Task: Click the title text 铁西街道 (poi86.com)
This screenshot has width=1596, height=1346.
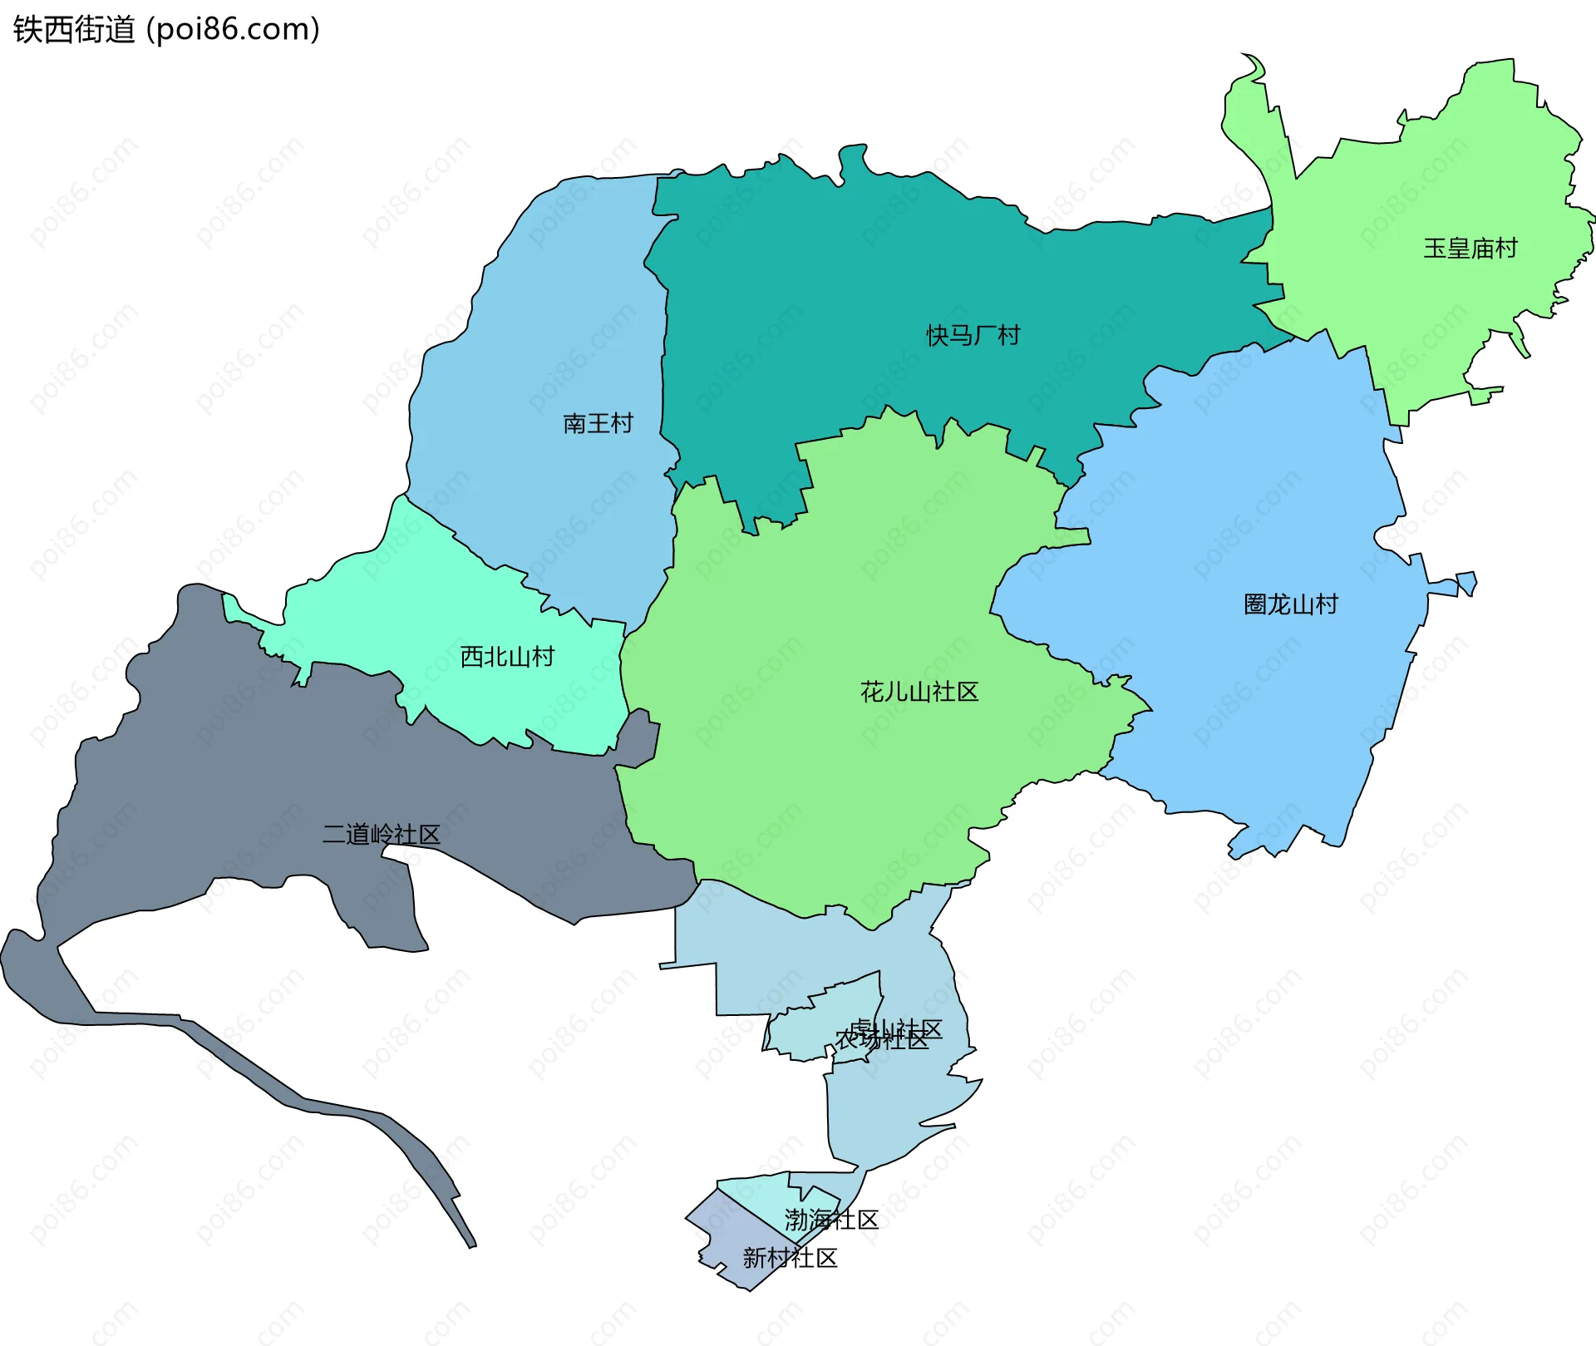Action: click(166, 30)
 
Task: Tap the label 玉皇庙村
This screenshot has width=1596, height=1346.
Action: click(1470, 249)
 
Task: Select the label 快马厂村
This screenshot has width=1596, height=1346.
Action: click(973, 336)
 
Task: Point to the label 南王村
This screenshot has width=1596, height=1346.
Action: click(598, 424)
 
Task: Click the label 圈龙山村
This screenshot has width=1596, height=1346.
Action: click(1290, 604)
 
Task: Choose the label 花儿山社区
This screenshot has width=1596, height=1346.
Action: click(919, 692)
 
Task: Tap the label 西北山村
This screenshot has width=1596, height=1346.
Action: click(507, 657)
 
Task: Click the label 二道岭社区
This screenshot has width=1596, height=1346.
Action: click(381, 835)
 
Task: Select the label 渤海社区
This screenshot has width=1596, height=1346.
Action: click(831, 1220)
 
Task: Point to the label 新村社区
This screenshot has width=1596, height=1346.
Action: click(790, 1258)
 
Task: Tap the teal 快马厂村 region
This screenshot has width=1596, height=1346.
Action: click(831, 274)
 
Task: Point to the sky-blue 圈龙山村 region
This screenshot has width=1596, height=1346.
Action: click(1247, 707)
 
